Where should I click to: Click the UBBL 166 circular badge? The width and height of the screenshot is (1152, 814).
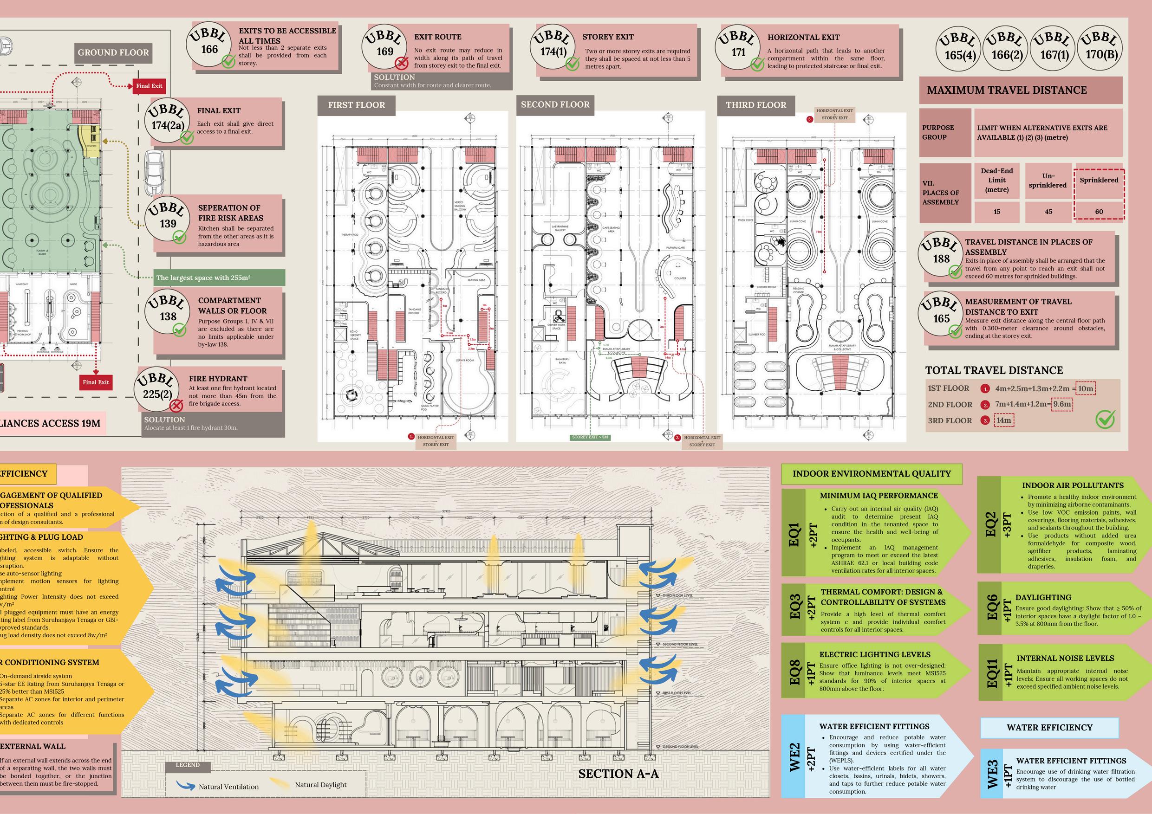pos(209,44)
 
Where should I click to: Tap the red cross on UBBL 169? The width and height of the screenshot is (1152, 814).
pos(401,63)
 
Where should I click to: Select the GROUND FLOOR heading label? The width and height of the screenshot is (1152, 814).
pos(113,52)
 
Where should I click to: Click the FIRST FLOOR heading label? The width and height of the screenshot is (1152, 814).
pos(356,105)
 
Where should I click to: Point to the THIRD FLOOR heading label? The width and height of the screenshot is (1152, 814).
pos(755,105)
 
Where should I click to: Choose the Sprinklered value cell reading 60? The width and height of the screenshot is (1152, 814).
pos(1099,212)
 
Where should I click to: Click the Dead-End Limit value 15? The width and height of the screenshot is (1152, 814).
pos(996,212)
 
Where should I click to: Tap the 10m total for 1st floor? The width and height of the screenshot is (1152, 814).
pos(1085,388)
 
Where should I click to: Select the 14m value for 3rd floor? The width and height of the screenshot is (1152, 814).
pos(1003,420)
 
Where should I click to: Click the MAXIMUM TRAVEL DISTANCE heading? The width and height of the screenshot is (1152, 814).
pos(1007,90)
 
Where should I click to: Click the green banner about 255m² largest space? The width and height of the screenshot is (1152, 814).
pos(219,278)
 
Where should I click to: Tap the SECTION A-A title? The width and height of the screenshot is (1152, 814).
pos(618,774)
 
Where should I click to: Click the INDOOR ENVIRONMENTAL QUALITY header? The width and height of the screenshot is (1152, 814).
pos(872,473)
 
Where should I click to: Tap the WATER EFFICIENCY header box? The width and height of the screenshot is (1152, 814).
pos(1049,728)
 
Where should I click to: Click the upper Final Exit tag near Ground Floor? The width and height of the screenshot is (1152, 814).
pos(149,86)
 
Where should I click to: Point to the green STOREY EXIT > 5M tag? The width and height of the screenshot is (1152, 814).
pos(591,437)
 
